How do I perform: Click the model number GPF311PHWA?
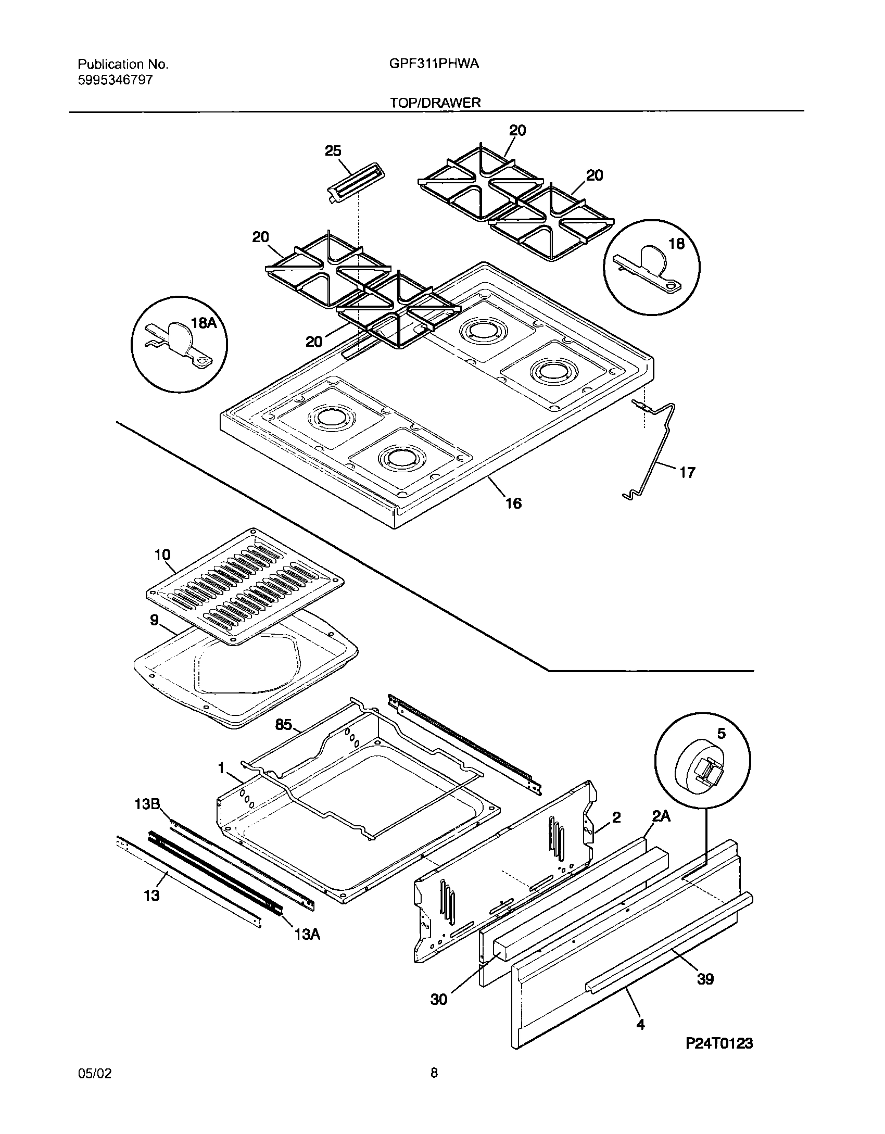[434, 64]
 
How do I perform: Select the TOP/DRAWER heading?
[435, 103]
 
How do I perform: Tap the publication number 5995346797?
[115, 80]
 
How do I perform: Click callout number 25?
[333, 151]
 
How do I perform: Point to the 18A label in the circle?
[204, 323]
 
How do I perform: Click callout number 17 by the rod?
[687, 472]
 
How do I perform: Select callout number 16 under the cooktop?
[513, 503]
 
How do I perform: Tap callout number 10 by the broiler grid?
[162, 555]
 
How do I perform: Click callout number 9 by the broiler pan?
[154, 621]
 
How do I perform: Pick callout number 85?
[283, 724]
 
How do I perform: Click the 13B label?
[147, 804]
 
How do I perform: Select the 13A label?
[307, 935]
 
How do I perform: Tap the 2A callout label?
[661, 816]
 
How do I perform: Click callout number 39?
[705, 979]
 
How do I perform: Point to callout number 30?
[439, 999]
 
